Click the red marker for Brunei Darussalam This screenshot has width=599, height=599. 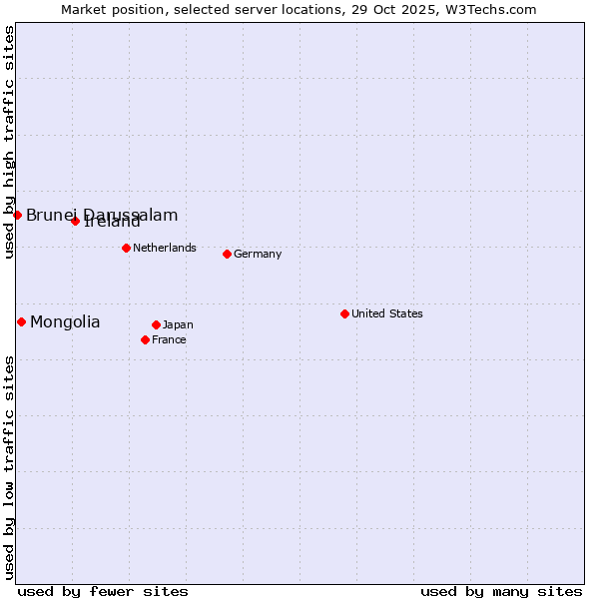coord(17,215)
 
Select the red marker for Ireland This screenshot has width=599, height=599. coord(75,221)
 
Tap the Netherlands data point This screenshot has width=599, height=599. coord(126,248)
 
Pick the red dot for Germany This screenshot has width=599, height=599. coord(227,254)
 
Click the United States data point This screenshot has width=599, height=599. coord(344,313)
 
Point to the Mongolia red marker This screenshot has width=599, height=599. coord(21,321)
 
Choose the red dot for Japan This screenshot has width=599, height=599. coord(156,324)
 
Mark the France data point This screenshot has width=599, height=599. coord(145,339)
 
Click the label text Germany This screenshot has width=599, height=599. coord(258,254)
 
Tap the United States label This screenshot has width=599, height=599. coord(387,313)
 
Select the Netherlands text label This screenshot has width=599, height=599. coord(165,248)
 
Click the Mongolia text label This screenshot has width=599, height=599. coord(65,321)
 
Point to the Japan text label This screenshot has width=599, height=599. coord(178,324)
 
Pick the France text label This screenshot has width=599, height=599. coord(169,339)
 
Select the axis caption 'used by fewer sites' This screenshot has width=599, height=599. coord(103,591)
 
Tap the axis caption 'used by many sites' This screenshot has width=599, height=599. coord(501,591)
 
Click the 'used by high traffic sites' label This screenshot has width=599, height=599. coord(9,142)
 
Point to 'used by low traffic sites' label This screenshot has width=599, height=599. coord(9,467)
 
